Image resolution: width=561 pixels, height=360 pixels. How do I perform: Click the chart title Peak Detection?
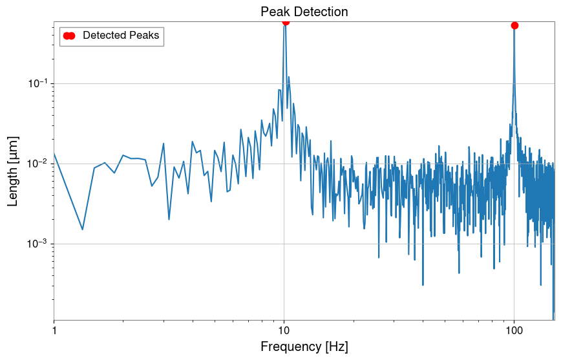304,12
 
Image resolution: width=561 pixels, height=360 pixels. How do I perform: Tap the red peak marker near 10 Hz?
286,21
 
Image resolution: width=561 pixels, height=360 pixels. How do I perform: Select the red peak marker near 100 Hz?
514,25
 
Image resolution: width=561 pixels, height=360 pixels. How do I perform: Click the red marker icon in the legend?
69,36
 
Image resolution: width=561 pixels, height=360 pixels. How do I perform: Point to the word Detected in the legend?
105,36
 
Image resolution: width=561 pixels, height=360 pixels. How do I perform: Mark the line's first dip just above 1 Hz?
83,229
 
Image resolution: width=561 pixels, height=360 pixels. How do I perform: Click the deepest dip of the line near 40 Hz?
423,285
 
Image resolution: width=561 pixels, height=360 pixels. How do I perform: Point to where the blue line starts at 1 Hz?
54,153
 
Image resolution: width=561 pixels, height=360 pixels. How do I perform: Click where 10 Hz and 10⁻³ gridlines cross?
284,244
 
